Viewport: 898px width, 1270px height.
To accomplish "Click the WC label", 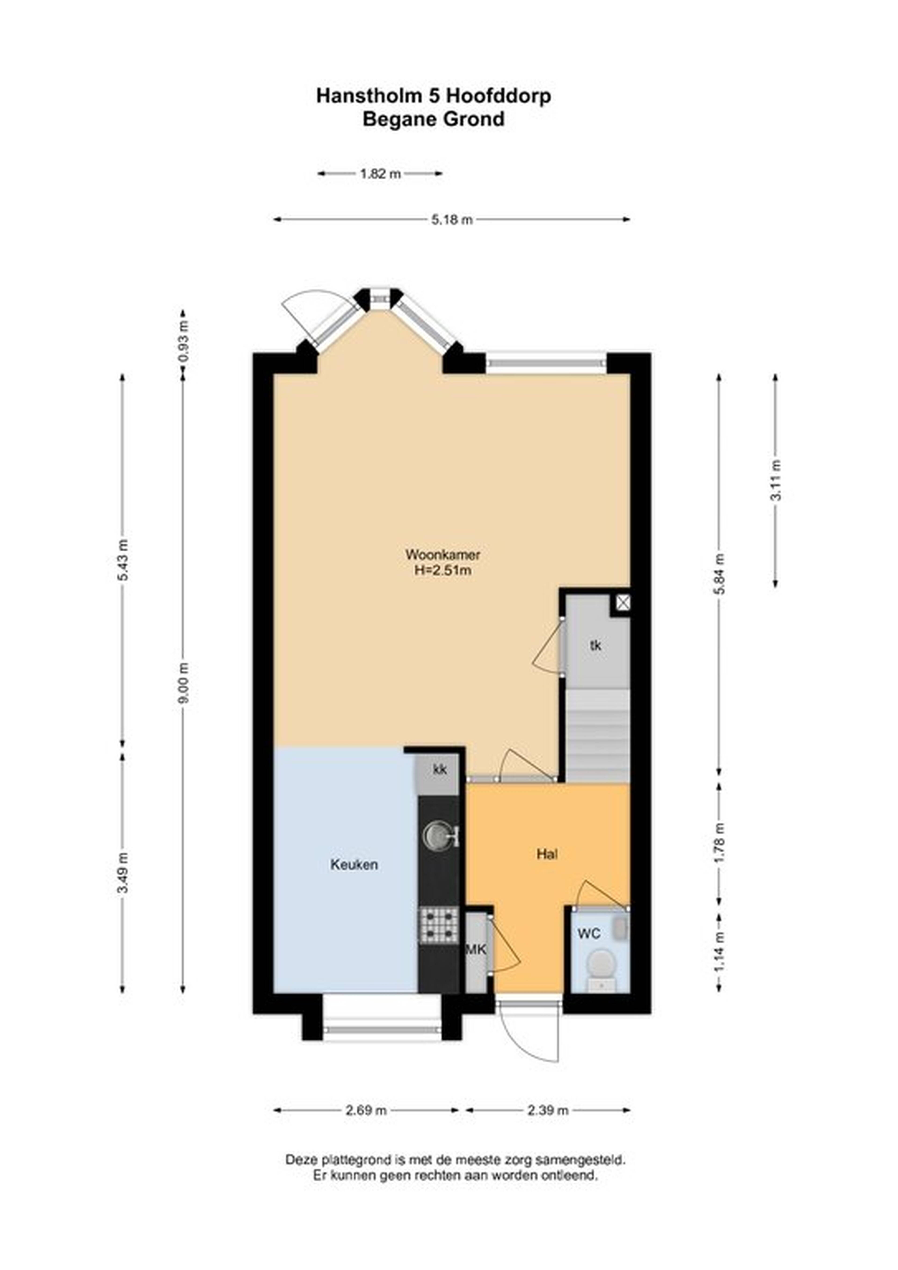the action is [x=589, y=934].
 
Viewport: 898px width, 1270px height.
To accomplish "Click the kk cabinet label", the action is [x=439, y=769].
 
